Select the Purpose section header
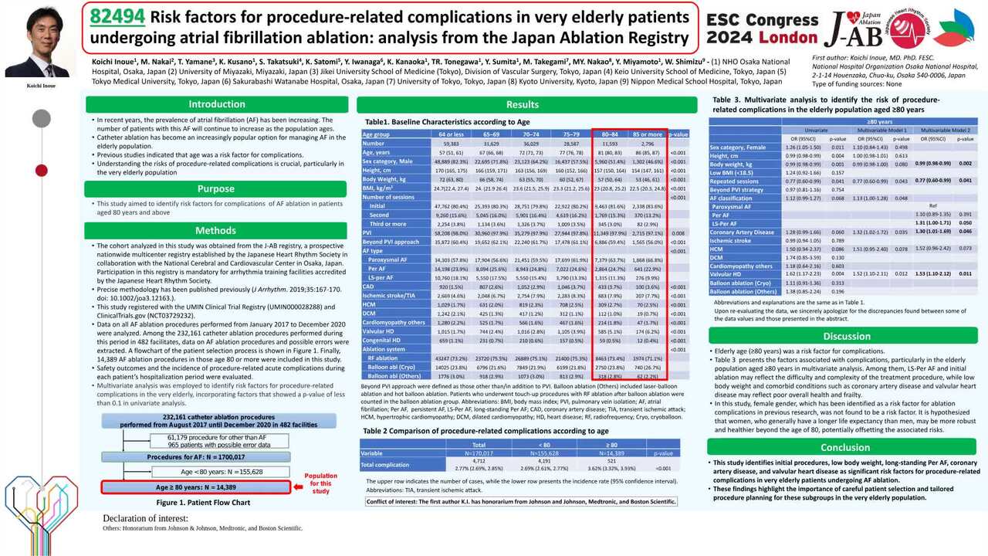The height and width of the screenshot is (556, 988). coord(216,188)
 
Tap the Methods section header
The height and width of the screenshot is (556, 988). coord(216,230)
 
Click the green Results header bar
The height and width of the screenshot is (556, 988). coord(523,104)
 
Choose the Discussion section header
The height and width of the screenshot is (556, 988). coord(846,336)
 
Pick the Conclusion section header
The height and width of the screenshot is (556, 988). coord(846,447)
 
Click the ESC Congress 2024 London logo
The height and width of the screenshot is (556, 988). coord(762,29)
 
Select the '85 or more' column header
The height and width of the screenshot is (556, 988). coord(647,134)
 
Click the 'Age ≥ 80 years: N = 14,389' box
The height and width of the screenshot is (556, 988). coord(196,487)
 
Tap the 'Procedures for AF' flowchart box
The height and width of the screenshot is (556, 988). coord(196,457)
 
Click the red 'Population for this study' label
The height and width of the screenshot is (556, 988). coord(320,483)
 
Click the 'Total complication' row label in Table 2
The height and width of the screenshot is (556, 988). coord(384,465)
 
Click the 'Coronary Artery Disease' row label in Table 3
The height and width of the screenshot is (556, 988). coord(742,232)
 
